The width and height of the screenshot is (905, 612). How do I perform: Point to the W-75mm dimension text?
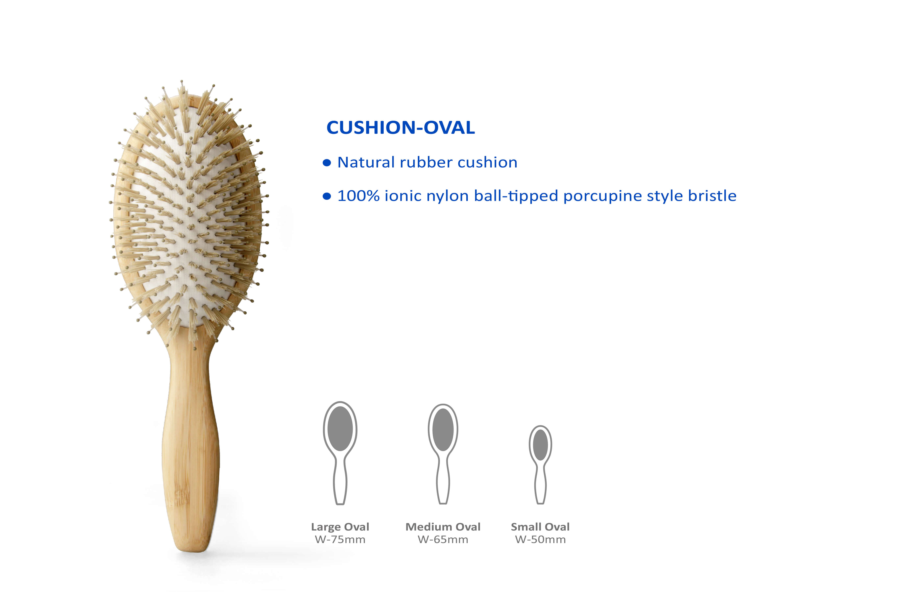click(340, 540)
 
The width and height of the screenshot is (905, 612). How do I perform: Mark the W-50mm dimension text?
click(540, 540)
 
